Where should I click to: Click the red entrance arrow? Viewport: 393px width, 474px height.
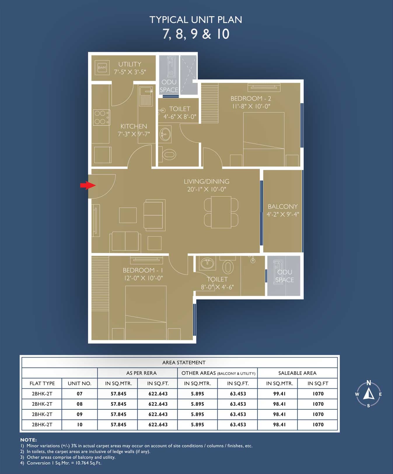88,185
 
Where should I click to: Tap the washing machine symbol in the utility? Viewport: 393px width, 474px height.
102,68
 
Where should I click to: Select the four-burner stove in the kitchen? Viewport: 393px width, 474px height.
102,117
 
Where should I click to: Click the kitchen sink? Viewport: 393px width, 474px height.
146,96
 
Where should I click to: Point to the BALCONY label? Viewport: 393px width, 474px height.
283,207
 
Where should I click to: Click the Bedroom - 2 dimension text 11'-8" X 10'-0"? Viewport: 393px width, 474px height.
251,106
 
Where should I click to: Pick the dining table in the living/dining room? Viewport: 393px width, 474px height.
221,212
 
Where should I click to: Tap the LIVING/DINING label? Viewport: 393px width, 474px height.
207,181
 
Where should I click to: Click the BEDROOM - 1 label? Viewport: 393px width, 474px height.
143,270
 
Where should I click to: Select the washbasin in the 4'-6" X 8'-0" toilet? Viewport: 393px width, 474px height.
165,134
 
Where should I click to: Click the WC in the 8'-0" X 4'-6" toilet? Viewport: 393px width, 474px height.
228,266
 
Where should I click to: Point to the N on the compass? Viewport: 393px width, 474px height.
369,383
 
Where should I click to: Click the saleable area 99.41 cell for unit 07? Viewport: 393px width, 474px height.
279,394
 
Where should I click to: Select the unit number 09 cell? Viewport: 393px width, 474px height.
80,414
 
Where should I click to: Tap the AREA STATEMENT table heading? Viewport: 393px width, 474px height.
184,363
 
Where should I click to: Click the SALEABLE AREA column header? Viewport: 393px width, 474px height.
297,373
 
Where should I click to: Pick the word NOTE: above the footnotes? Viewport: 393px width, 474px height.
29,440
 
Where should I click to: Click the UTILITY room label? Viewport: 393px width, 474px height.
130,64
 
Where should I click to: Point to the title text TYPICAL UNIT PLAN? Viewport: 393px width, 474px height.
196,20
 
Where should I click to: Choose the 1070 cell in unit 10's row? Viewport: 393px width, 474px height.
318,425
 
